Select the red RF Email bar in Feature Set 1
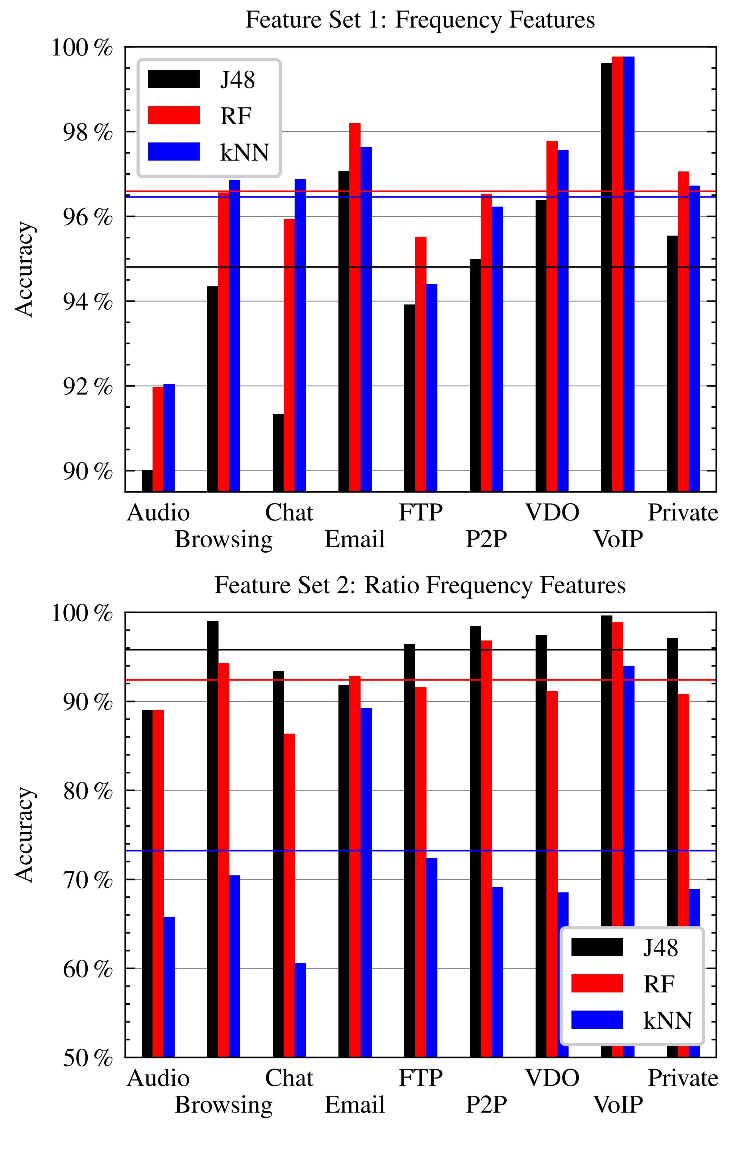coord(355,307)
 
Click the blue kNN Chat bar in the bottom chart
coord(300,1009)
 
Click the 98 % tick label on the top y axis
coord(88,133)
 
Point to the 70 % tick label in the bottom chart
coord(88,880)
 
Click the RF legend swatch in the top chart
coord(174,115)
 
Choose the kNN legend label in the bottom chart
coord(667,1020)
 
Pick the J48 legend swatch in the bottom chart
coord(597,947)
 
